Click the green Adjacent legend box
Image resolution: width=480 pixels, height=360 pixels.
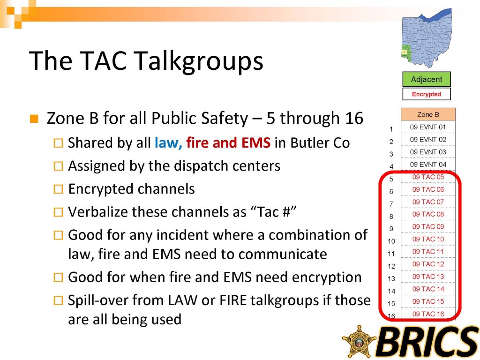click(x=427, y=79)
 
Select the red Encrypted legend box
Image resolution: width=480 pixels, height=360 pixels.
click(x=427, y=94)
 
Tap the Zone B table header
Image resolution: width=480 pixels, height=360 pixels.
click(x=428, y=114)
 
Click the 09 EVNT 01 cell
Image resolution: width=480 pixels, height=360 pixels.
click(x=428, y=127)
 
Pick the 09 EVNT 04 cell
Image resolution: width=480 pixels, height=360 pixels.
click(x=428, y=165)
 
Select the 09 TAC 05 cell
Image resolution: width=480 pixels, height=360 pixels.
click(x=428, y=177)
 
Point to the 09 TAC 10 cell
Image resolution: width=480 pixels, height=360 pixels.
click(x=428, y=239)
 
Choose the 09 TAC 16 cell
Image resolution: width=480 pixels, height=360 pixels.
click(x=428, y=314)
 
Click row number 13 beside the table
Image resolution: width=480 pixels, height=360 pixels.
click(x=391, y=278)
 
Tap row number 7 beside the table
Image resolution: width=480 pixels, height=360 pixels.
click(x=391, y=204)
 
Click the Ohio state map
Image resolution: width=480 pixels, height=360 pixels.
click(x=427, y=38)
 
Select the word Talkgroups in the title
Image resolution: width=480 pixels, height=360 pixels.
click(x=199, y=61)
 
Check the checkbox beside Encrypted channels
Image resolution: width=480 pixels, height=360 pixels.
click(x=58, y=189)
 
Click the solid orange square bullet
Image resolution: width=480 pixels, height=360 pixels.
click(x=34, y=119)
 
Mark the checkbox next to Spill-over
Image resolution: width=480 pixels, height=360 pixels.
click(x=58, y=300)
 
